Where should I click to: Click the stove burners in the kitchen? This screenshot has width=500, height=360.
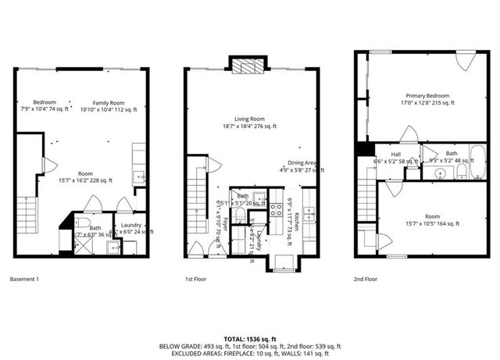pos(276,209)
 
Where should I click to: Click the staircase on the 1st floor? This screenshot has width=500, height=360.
pos(197,207)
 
